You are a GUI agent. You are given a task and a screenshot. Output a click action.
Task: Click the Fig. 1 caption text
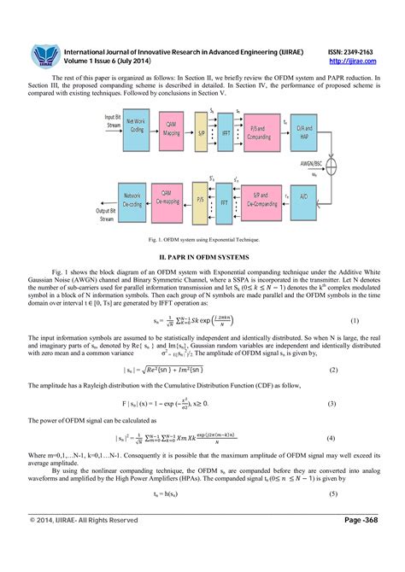[x=202, y=240]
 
